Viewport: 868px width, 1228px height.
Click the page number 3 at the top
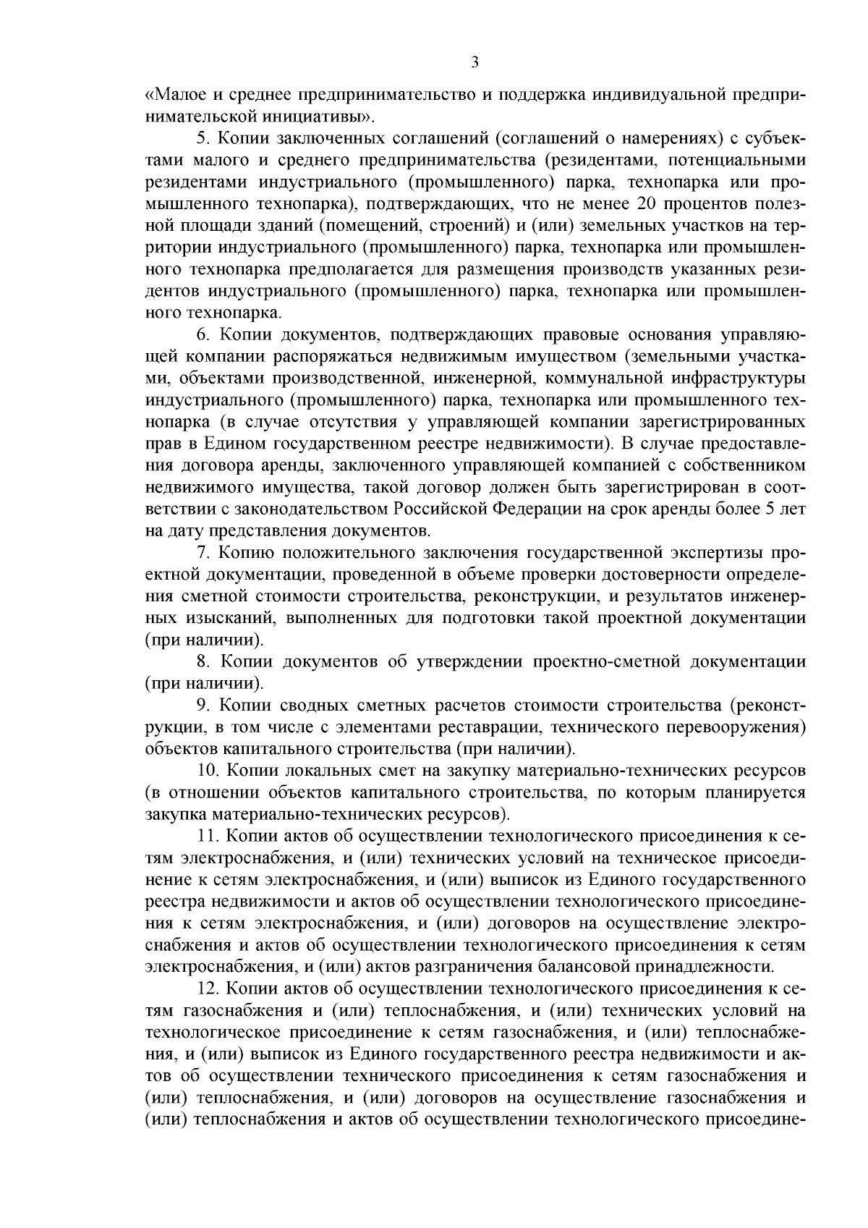coord(475,62)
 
